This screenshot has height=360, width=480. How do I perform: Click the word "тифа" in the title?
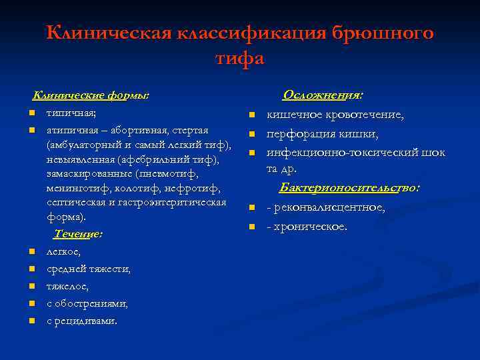point(240,59)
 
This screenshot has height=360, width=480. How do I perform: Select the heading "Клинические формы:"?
point(91,95)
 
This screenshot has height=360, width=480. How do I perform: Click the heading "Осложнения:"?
point(327,95)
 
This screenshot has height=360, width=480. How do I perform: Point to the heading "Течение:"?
point(78,235)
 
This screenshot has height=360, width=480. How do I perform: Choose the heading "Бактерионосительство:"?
point(349,188)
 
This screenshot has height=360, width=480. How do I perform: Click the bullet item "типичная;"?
point(71,113)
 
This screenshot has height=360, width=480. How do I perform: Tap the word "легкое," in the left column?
point(63,252)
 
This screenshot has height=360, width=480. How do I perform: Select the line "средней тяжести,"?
point(89,269)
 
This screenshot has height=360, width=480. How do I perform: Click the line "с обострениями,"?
point(87,304)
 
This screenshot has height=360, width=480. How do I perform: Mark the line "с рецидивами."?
point(81,321)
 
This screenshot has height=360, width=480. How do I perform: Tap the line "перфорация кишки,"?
point(323,134)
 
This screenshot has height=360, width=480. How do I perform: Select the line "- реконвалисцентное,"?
point(326,207)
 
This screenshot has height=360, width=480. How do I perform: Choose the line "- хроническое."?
point(307,227)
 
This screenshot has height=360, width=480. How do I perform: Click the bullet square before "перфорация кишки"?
point(253,135)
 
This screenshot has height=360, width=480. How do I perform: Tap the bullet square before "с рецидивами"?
point(31,321)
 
